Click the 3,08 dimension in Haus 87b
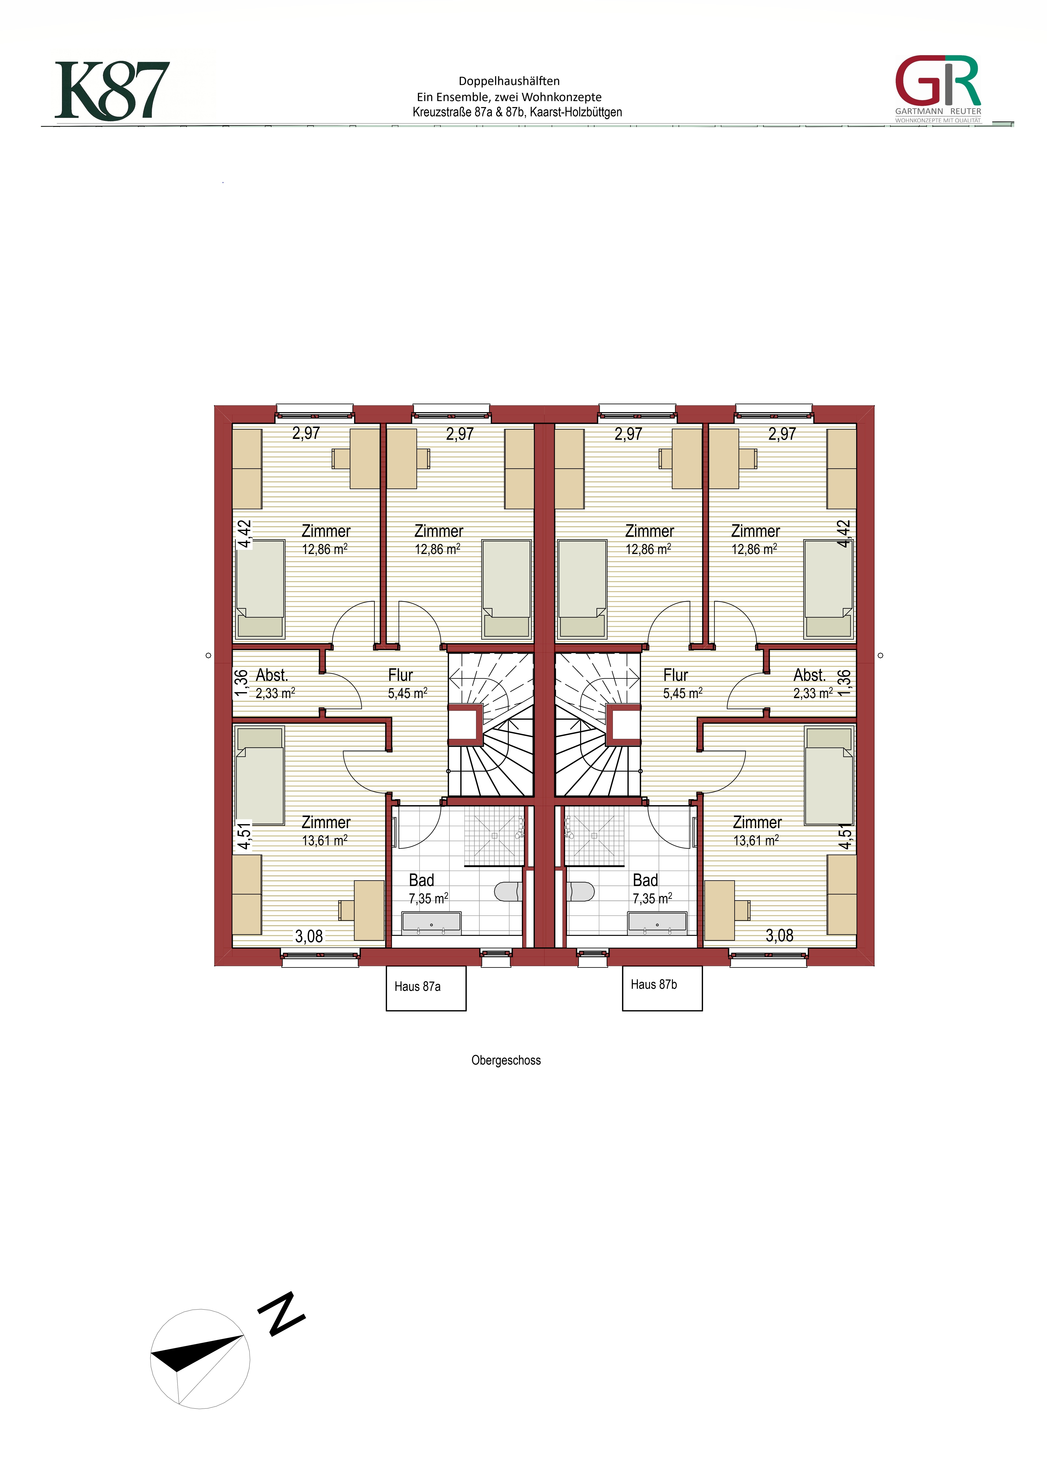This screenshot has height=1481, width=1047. click(x=779, y=935)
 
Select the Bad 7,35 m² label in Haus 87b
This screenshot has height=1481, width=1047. click(x=652, y=889)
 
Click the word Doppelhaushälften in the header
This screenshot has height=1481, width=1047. click(x=509, y=81)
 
